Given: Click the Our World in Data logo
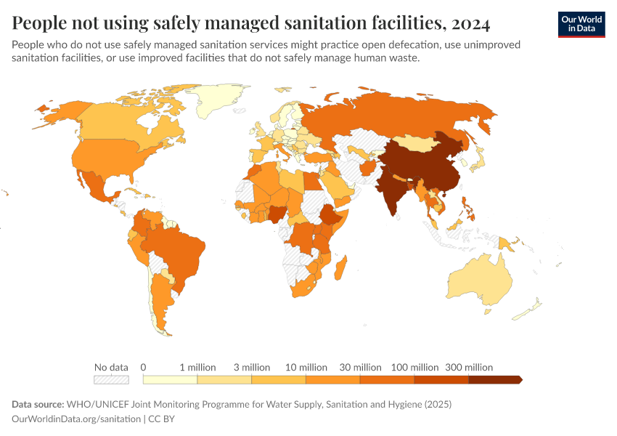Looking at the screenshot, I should coord(581,24).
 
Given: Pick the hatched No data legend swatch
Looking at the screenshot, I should coord(111,379).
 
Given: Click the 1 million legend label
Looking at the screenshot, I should coord(197,367).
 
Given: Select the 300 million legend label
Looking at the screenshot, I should coord(469,367).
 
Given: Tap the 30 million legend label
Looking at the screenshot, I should coord(360,367).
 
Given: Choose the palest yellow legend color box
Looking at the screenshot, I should coord(170,379).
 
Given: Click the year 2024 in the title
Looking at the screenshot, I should coord(470,24).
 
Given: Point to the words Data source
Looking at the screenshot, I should coord(38,404).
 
